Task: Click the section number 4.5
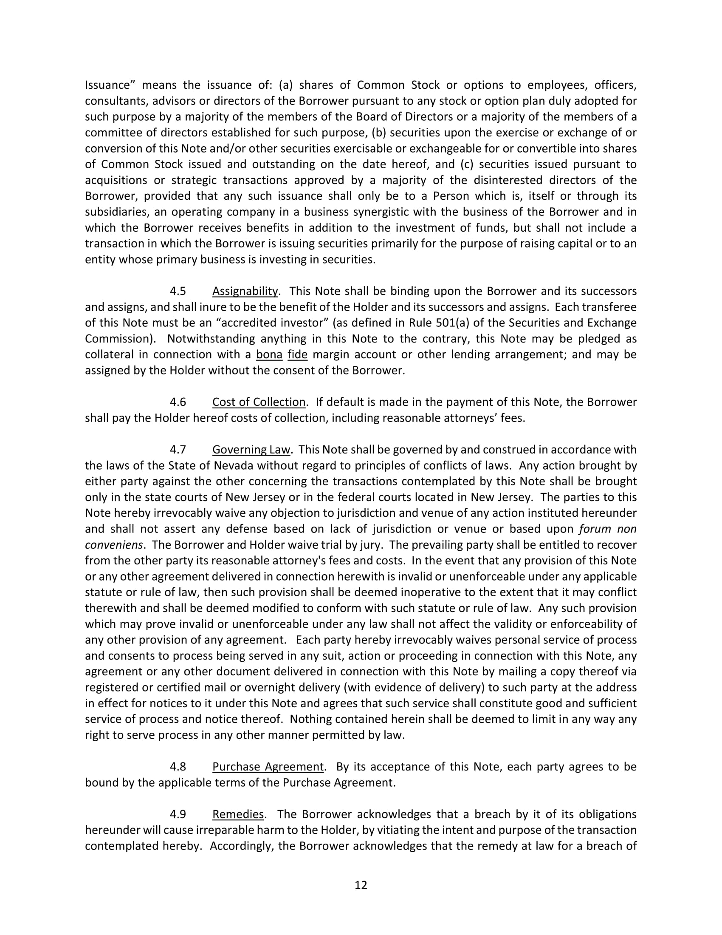178,292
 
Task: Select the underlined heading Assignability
245,292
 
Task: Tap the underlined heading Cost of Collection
259,402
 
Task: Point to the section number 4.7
178,450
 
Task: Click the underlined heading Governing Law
251,450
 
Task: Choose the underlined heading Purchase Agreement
268,767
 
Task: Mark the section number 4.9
178,814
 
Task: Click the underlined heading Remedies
238,814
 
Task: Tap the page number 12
361,885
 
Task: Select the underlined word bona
269,355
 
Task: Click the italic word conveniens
113,545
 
